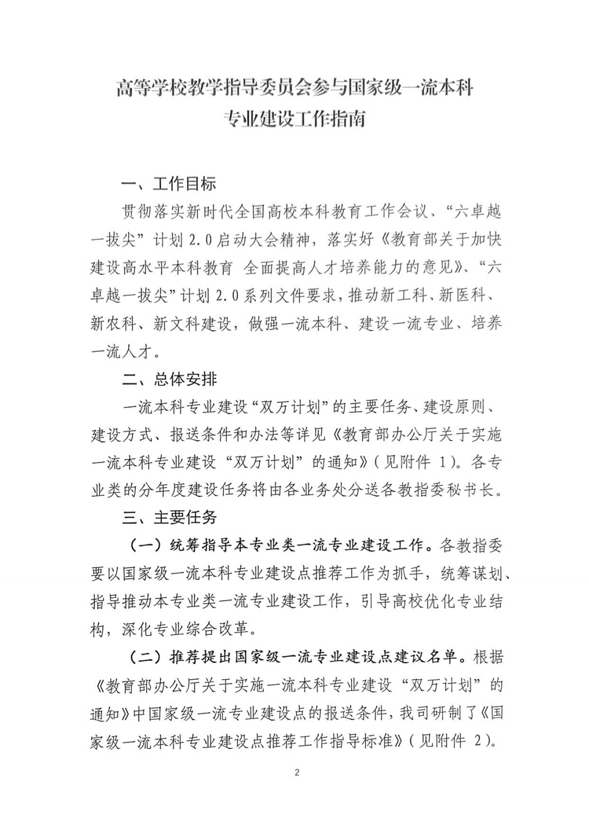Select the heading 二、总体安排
click(170, 379)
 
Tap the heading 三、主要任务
click(170, 517)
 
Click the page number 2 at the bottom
click(297, 772)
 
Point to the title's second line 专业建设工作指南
click(295, 118)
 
